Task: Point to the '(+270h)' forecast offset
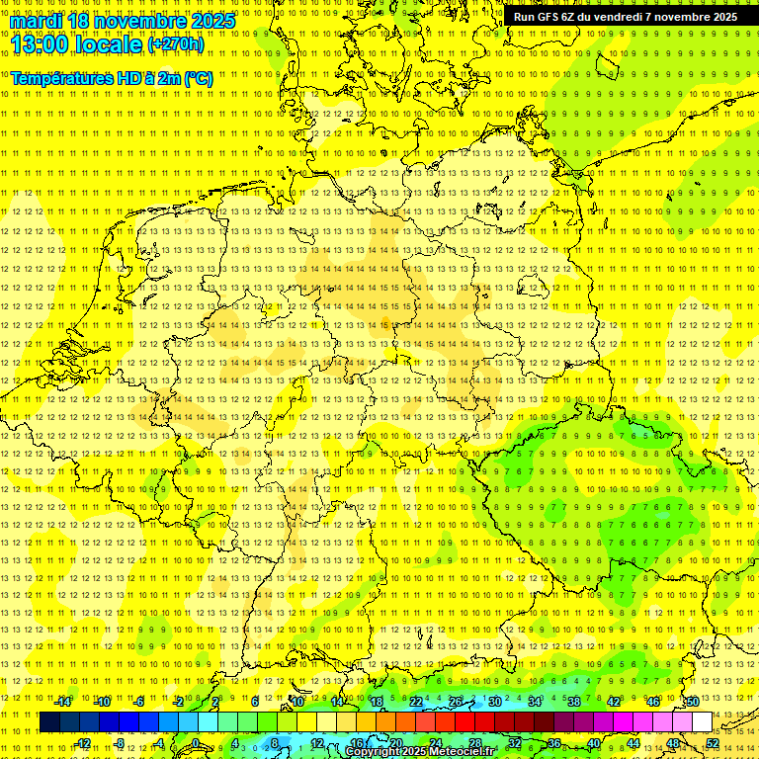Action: tap(176, 44)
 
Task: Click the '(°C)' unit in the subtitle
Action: tap(199, 78)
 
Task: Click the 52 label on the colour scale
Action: tap(712, 743)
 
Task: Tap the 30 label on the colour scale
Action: tap(494, 702)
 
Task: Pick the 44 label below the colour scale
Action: tap(632, 743)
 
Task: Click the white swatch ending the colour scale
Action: tap(702, 722)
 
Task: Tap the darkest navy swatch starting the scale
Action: tap(49, 722)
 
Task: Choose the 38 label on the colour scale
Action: tap(573, 702)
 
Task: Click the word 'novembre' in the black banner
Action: tap(681, 17)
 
